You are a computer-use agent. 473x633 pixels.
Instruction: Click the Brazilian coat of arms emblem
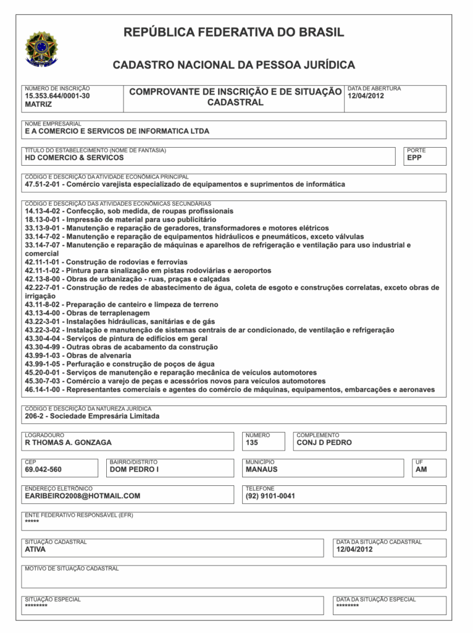click(41, 49)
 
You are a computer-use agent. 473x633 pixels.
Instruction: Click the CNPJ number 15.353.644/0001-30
click(57, 96)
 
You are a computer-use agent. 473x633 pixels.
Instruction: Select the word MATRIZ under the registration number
click(38, 105)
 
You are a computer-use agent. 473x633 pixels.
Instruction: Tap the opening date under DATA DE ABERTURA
click(366, 96)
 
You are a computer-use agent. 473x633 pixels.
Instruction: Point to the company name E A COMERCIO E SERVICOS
click(117, 131)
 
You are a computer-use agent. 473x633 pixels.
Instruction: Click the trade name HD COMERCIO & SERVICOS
click(74, 158)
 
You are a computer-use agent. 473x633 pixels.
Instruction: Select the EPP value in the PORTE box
click(414, 158)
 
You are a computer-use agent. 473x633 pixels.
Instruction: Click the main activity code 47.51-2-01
click(43, 184)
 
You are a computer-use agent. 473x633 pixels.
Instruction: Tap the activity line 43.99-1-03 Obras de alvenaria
click(78, 355)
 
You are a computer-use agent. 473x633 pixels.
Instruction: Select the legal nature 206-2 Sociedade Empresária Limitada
click(92, 416)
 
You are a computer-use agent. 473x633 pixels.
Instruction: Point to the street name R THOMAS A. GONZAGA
click(68, 443)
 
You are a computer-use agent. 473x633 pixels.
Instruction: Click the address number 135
click(251, 443)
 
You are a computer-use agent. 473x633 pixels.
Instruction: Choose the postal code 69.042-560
click(43, 469)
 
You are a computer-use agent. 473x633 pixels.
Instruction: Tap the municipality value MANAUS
click(261, 469)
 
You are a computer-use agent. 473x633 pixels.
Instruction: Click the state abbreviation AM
click(422, 469)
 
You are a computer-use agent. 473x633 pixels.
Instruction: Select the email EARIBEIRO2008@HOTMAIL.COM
click(83, 496)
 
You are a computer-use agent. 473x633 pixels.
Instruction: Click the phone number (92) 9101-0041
click(270, 496)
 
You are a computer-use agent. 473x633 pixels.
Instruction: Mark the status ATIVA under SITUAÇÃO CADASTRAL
click(35, 549)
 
